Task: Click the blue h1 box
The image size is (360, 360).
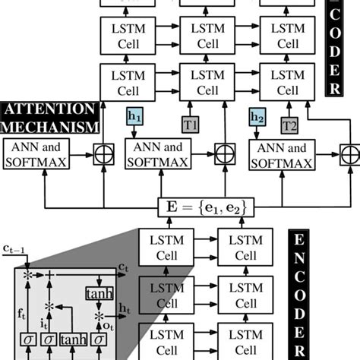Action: (x=133, y=118)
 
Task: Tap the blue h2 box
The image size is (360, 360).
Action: (x=256, y=118)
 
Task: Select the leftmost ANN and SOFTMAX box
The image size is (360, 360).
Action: (x=36, y=154)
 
